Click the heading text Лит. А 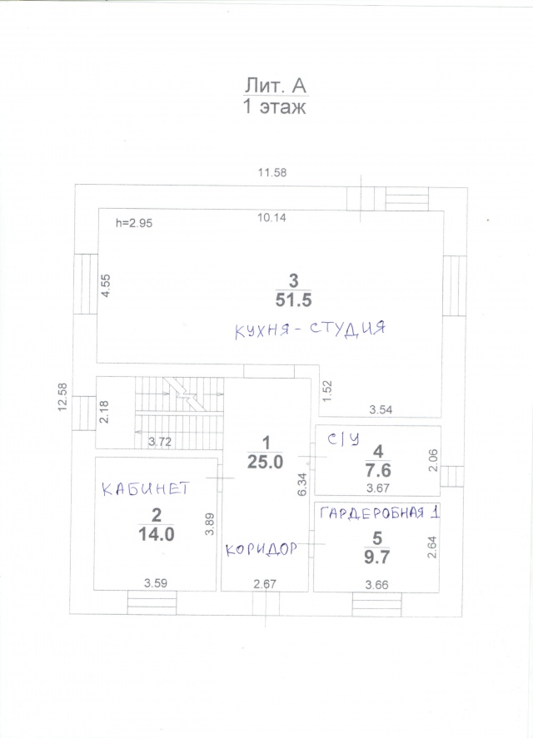(275, 86)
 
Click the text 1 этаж (274, 106)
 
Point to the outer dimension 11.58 (272, 172)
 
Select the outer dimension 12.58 (62, 397)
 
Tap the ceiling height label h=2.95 (134, 223)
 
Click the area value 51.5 (293, 300)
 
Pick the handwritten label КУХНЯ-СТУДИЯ (310, 329)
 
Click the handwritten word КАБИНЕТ (146, 488)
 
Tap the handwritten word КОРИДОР (261, 549)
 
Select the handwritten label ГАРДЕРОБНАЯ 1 (380, 513)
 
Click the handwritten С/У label (344, 439)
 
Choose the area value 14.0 (156, 535)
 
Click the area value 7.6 (378, 470)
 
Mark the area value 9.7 (377, 557)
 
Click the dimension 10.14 (272, 217)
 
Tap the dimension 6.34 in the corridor (302, 484)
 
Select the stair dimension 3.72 (159, 442)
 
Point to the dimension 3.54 (381, 409)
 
